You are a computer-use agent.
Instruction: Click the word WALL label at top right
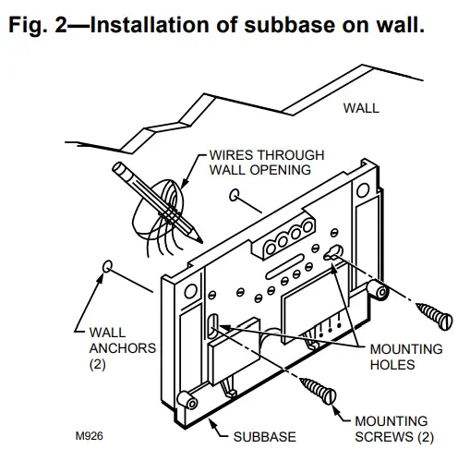(x=361, y=108)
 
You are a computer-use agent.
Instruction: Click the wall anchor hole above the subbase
(x=238, y=195)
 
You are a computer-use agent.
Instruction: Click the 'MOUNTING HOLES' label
(x=405, y=357)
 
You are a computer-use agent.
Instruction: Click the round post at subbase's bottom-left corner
(x=184, y=401)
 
